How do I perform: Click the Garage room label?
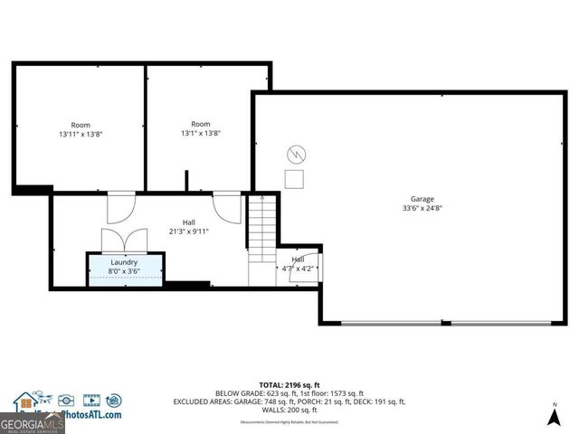point(422,199)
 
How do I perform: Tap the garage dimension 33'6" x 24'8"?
point(422,208)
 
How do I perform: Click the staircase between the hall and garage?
point(261,226)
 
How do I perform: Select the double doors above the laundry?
point(123,241)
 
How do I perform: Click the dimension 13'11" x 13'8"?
point(81,134)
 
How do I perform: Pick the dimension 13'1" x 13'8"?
point(201,133)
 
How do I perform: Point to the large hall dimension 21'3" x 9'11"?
point(189,231)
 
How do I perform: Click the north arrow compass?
point(554,415)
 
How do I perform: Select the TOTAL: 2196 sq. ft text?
point(289,384)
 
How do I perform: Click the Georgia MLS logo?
point(32,422)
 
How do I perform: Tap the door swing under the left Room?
point(120,207)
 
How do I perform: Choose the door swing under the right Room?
point(227,207)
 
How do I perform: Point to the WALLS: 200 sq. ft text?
point(289,410)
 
